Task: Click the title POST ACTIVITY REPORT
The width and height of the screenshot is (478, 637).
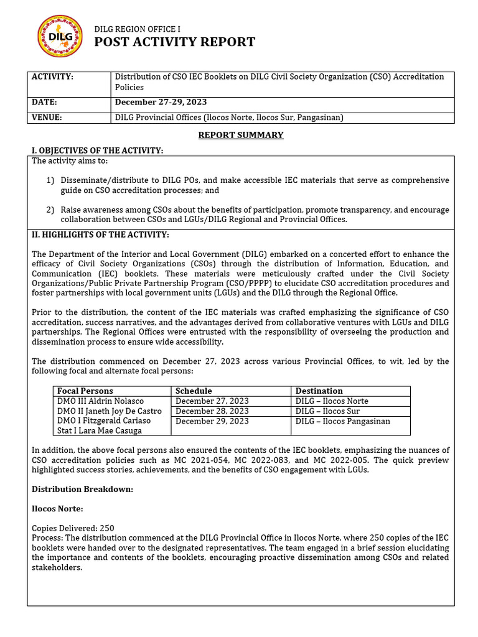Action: [174, 42]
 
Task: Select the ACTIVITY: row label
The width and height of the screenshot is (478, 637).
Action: [52, 77]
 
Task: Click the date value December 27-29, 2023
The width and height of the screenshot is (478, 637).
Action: [161, 102]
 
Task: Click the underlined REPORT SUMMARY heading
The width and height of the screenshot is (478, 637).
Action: [240, 135]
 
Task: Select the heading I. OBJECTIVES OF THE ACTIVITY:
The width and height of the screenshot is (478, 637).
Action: [98, 151]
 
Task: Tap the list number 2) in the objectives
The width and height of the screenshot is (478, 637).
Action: [50, 210]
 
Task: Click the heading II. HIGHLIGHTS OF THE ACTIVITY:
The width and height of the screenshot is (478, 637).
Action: [100, 235]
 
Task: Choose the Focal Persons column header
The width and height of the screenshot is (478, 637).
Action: [85, 391]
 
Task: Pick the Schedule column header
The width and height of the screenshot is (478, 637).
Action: [194, 391]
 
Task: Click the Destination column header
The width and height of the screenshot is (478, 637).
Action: [319, 391]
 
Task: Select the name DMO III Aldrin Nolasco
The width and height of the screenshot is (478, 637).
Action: [100, 401]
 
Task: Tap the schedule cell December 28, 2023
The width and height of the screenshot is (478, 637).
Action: [212, 411]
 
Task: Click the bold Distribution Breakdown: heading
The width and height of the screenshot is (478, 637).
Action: [82, 489]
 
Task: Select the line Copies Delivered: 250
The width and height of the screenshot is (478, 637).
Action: [73, 528]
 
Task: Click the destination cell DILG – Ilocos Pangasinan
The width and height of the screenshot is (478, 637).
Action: [342, 421]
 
